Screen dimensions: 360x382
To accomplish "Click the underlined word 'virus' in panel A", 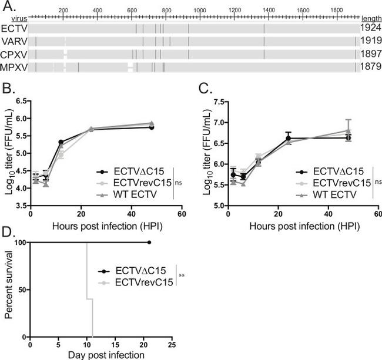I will (x=11, y=18).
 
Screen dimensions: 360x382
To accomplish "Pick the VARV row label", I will (x=13, y=42).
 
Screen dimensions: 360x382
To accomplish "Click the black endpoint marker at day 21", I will (x=149, y=242).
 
